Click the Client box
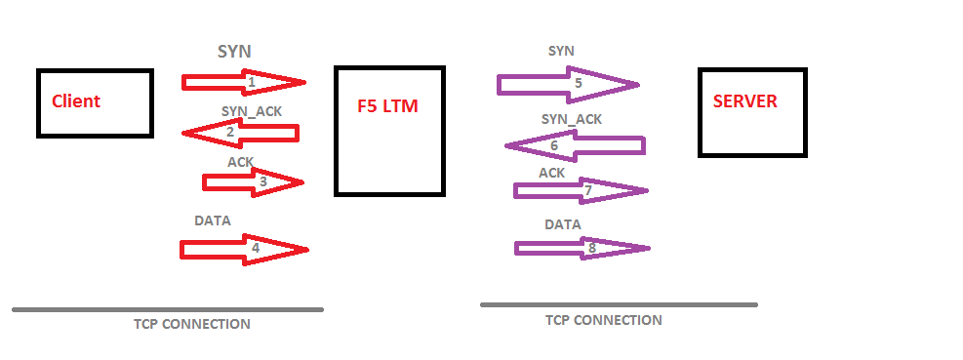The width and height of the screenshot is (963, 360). coord(95,102)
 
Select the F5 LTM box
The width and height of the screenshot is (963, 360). coord(389,131)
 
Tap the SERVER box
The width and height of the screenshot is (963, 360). coord(752,112)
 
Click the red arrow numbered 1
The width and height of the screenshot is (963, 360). coord(244,82)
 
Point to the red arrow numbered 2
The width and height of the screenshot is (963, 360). coord(241,132)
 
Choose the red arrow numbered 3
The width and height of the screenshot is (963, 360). coord(254,181)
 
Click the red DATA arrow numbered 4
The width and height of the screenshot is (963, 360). coord(244,250)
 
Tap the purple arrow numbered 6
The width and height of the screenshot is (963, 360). coord(575,146)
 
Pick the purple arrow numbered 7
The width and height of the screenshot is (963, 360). coord(581,190)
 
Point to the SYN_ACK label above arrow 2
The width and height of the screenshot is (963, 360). coord(252,111)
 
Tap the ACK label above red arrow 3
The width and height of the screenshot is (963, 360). coord(241,161)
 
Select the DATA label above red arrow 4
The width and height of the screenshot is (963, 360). coord(213,220)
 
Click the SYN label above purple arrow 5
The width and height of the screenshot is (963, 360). coord(561,51)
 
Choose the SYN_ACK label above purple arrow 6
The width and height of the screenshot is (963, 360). coord(572,119)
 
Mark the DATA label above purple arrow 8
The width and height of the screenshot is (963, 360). coord(562,224)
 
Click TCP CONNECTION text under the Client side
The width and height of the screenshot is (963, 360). coord(192,324)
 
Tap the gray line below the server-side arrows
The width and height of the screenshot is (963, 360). coord(619,304)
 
